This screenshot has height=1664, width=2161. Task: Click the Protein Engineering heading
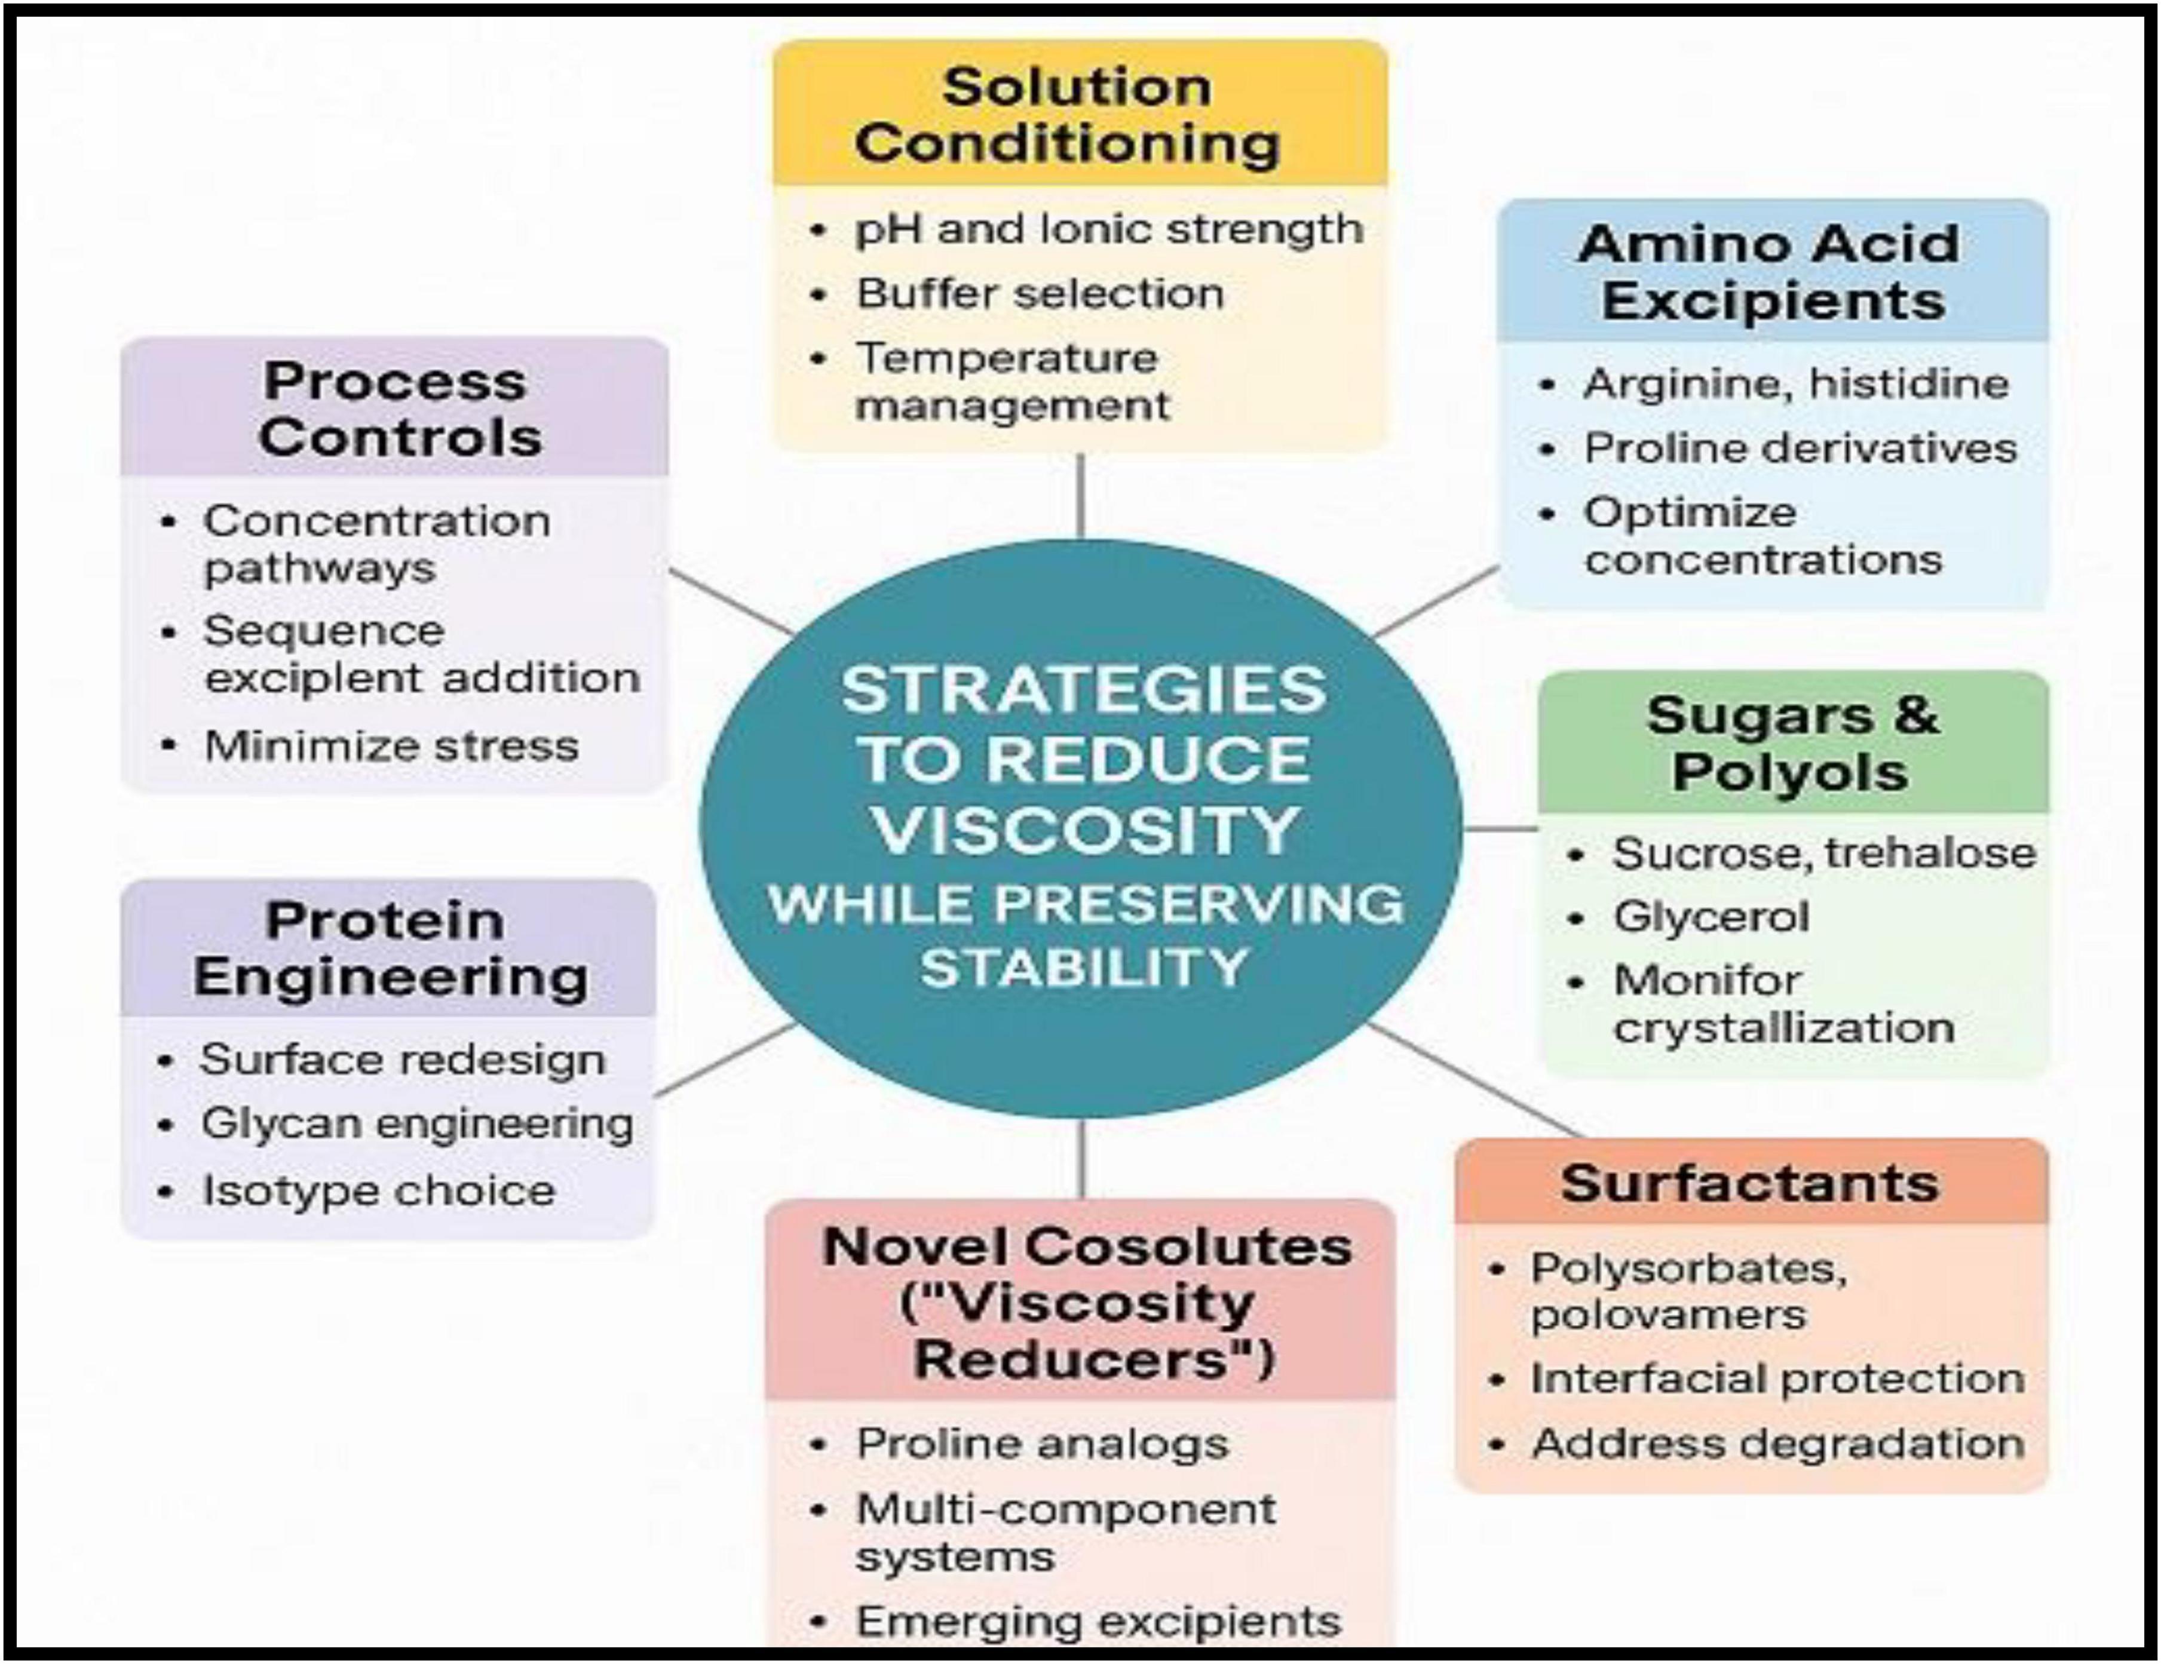click(390, 948)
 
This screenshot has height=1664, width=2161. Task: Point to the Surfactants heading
click(1749, 1183)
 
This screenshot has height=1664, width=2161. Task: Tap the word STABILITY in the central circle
click(1084, 966)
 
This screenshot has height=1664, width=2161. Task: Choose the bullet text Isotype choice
click(378, 1190)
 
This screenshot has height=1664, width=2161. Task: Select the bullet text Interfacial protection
click(1777, 1378)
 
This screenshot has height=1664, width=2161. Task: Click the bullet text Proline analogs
click(1042, 1444)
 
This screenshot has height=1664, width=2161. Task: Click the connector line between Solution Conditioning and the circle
click(1080, 496)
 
